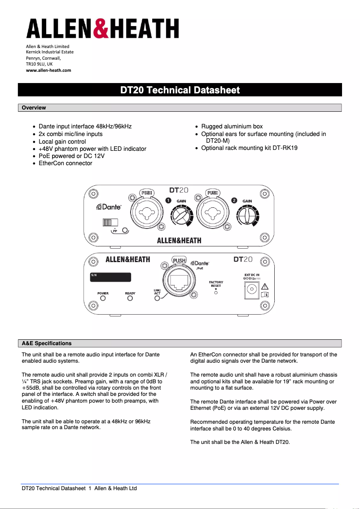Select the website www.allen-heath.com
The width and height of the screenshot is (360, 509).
click(x=48, y=70)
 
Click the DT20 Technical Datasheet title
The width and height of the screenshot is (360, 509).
click(x=180, y=90)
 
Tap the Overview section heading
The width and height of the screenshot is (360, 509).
click(x=34, y=108)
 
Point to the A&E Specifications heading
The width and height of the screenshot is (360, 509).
click(x=47, y=343)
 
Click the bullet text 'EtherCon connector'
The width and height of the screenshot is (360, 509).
click(x=66, y=163)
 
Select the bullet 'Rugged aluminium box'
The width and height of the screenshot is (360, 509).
click(x=232, y=127)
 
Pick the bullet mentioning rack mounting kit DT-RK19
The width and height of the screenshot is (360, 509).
click(x=249, y=148)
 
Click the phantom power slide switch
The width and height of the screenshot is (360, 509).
click(x=110, y=222)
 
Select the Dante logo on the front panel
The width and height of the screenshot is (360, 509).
click(x=110, y=207)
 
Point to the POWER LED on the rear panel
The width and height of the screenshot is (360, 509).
click(x=103, y=298)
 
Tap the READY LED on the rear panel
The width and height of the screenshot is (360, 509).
click(x=130, y=298)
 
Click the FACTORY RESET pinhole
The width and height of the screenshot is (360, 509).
click(x=216, y=292)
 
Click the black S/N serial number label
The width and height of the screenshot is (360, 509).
click(x=110, y=277)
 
